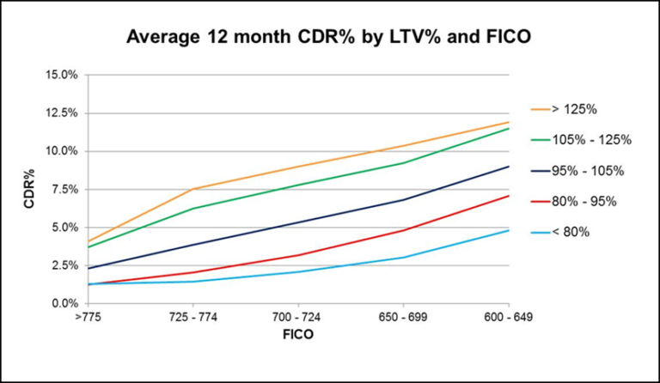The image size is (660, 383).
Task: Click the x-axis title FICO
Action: coord(297,334)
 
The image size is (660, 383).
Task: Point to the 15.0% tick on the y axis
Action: coord(63,75)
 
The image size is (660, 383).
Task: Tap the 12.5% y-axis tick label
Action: coord(63,113)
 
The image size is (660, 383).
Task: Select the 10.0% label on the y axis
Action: coord(63,151)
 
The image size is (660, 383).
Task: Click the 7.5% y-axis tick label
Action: coord(65,190)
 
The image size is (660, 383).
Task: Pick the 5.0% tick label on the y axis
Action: coord(65,228)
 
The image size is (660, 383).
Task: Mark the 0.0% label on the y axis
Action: coord(65,304)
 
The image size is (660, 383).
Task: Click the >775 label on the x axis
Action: coord(89,318)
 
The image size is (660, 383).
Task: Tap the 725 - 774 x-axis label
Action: coord(192,318)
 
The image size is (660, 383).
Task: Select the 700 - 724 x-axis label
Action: coord(297,318)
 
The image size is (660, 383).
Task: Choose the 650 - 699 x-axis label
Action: coord(403,318)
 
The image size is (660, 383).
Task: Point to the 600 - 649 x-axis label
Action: coord(508,318)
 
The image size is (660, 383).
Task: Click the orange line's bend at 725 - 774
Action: coord(192,189)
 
